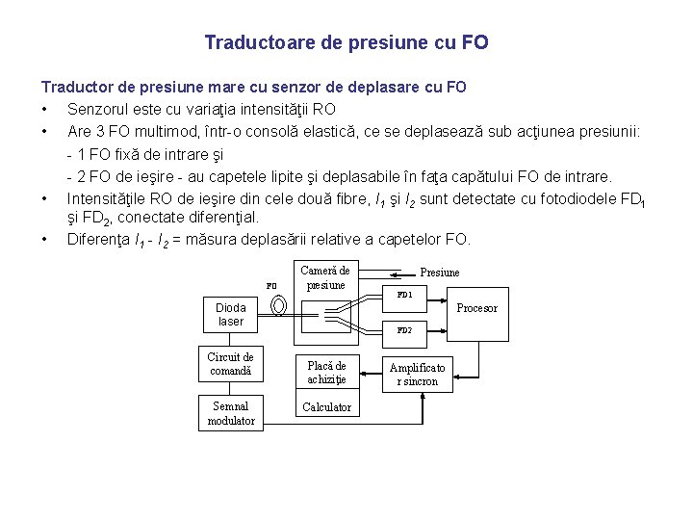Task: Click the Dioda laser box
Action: coord(231,315)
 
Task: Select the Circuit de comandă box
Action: coord(231,363)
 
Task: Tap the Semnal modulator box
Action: coord(231,413)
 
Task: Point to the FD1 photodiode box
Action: coord(404,295)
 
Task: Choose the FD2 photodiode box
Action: coord(404,330)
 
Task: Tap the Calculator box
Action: coord(326,407)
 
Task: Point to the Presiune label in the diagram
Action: coord(440,273)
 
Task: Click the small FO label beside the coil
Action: coord(271,286)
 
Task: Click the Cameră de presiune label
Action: coord(325,277)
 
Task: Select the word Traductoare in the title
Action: coord(252,43)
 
